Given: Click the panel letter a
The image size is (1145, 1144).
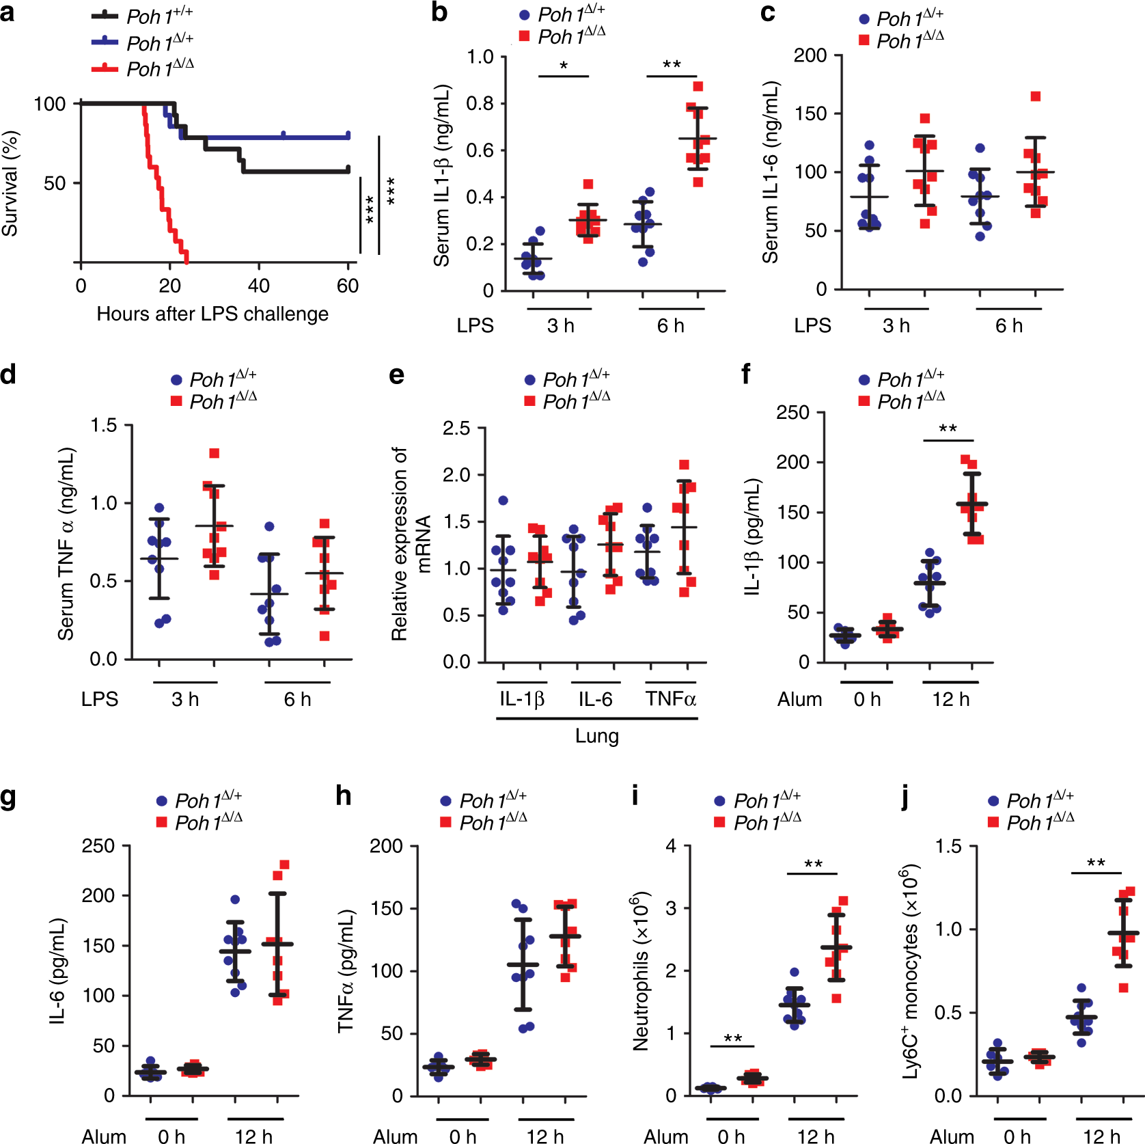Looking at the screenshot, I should pos(8,12).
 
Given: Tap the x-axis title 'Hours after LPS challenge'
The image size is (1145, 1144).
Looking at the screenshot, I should pos(212,314).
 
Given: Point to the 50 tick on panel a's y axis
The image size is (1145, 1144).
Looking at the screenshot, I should pos(54,183).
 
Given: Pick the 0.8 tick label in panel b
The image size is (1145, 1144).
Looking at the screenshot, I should pos(480,104).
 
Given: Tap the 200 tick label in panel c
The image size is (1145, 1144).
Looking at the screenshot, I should pos(810,55).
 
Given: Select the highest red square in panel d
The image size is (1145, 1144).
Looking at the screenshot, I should pos(215,453).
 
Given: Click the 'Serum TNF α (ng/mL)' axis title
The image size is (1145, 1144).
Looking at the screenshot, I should pos(66,544).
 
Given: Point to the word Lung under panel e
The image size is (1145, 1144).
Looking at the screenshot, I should pos(596,736).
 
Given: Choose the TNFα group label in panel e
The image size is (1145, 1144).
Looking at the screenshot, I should pos(671,699).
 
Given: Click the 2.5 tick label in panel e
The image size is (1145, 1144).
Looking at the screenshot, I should pos(456,428).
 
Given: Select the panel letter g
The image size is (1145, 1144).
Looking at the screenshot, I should pos(8,797).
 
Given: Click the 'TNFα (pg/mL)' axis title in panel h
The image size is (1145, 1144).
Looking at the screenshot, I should pos(346,970).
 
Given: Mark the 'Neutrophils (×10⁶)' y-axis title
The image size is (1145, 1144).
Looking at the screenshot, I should pos(641,970).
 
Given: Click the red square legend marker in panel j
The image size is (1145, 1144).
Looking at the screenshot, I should pos(993,821).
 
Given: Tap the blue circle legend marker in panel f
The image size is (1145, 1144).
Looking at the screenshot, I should pos(864,380).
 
